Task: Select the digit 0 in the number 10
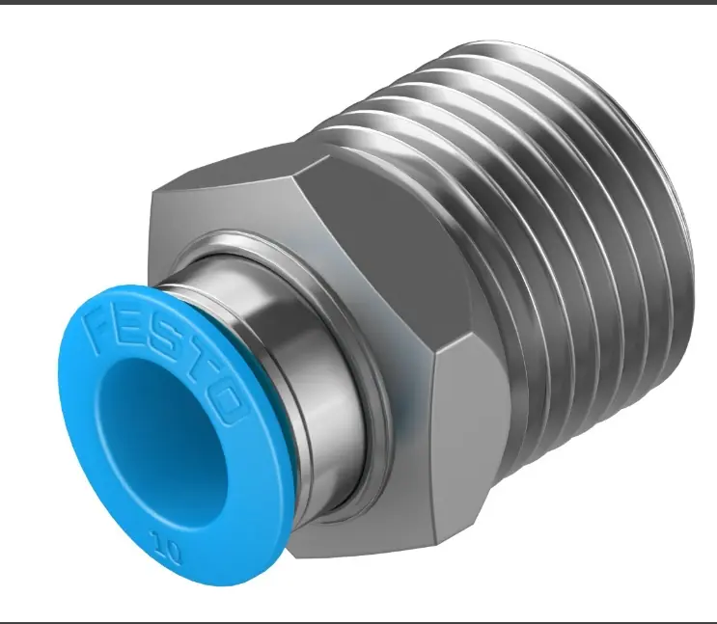click(x=173, y=551)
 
